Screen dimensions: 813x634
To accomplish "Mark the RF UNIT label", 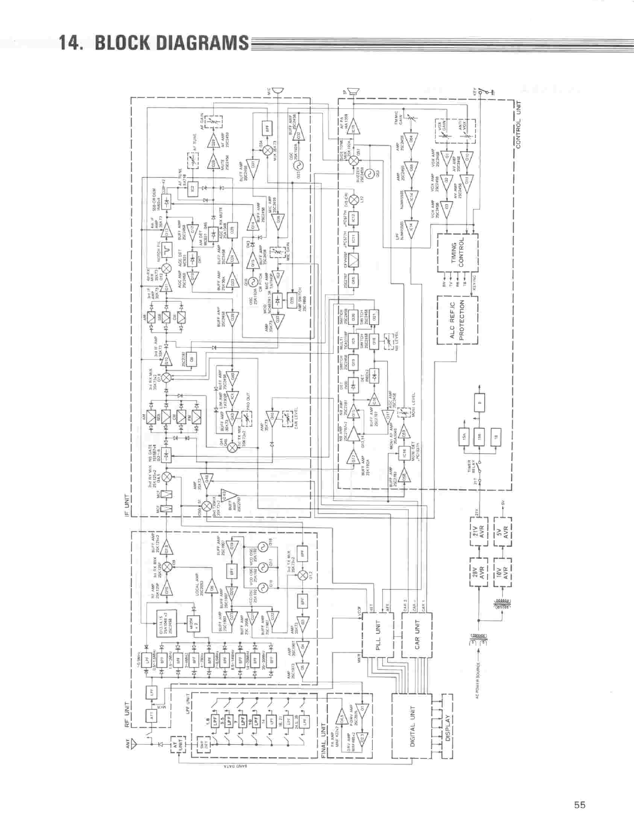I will [127, 716].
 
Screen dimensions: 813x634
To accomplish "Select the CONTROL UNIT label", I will [518, 124].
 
